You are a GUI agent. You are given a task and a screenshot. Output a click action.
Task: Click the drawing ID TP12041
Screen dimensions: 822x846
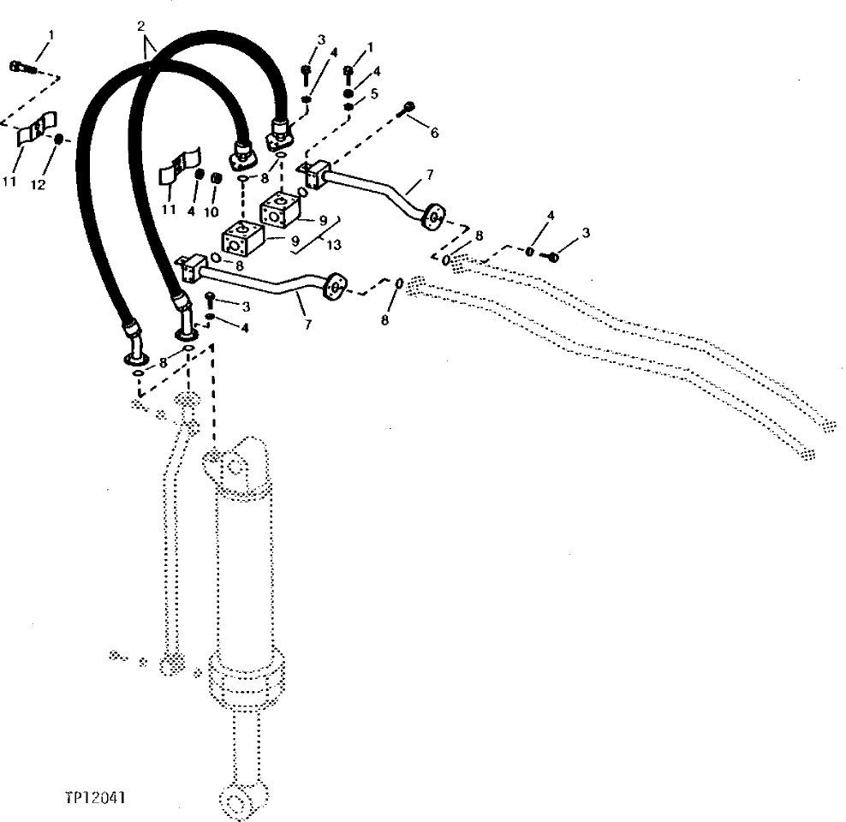(x=95, y=797)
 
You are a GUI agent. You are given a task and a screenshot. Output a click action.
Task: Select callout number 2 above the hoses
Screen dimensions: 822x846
(x=140, y=27)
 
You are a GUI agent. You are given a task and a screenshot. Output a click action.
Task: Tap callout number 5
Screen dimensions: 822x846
(x=374, y=92)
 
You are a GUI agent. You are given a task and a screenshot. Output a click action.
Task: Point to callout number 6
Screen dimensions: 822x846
(x=434, y=133)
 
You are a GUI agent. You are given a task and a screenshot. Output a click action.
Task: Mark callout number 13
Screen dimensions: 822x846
(x=333, y=245)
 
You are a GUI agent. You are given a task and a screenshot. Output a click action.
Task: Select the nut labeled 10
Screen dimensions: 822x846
(x=216, y=178)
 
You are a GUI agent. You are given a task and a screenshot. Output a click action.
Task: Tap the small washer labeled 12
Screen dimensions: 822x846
(x=57, y=139)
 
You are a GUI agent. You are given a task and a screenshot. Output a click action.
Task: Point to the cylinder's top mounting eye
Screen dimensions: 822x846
(x=234, y=467)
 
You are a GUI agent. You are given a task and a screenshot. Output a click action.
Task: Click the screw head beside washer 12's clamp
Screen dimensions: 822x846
(x=19, y=66)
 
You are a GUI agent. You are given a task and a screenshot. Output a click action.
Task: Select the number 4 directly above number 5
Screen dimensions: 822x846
(x=377, y=71)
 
